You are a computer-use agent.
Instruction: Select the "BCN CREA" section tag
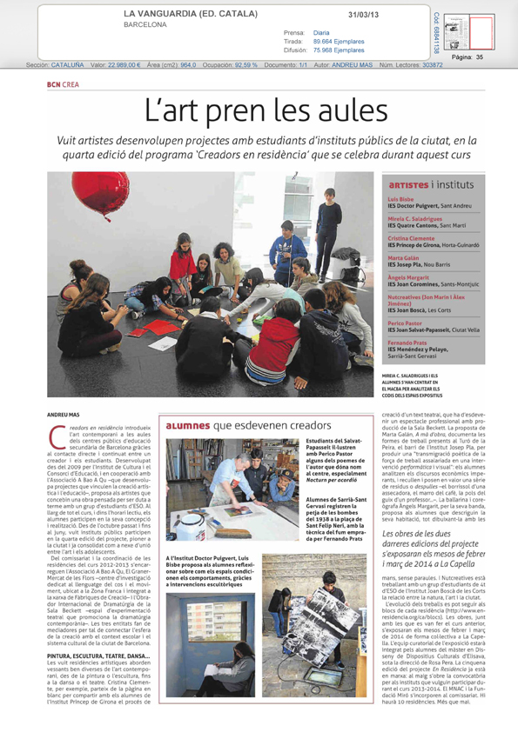coord(64,84)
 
